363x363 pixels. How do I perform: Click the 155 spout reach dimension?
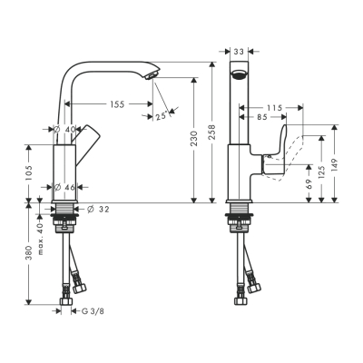116,104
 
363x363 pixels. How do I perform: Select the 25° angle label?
161,115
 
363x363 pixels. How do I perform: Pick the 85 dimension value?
261,117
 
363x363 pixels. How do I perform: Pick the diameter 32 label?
100,209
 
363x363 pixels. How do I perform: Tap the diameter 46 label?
65,188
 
